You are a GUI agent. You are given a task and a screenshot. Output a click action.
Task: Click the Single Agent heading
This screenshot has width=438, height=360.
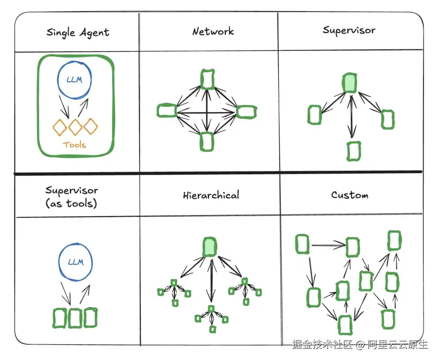coord(78,32)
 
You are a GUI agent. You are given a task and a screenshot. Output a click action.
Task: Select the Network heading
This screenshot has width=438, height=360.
coord(213,31)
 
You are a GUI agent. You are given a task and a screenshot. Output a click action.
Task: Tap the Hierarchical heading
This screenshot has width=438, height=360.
coord(211,195)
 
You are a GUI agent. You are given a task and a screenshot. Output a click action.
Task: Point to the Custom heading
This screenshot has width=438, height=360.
coord(350,195)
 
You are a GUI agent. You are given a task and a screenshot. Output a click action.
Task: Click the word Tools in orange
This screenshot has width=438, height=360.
coord(74,144)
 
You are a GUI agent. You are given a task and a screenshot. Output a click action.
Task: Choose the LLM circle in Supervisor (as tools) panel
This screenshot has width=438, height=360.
coord(75,262)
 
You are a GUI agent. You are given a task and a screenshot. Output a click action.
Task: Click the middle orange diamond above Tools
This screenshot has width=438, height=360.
coord(75,127)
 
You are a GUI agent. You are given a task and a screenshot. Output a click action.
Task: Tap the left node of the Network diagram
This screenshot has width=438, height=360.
coord(166,110)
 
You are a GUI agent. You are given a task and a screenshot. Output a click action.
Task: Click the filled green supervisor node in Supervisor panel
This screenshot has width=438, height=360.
coord(349,83)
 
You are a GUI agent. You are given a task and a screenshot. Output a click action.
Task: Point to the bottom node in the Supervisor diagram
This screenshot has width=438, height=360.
coord(354,151)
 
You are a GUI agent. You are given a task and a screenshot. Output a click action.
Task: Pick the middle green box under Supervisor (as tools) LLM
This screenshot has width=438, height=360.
coord(75,318)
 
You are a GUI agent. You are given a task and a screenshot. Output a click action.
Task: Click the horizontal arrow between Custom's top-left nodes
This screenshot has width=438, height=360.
coord(328,244)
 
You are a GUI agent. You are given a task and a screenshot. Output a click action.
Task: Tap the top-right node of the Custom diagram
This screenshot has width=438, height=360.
coord(394,240)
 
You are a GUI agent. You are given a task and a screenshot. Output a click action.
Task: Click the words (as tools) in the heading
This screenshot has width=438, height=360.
coord(72,203)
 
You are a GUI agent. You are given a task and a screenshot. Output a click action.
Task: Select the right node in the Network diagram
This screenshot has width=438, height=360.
coord(246,111)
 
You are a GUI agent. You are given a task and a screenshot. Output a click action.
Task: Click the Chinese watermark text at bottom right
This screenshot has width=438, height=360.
coord(360,345)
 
